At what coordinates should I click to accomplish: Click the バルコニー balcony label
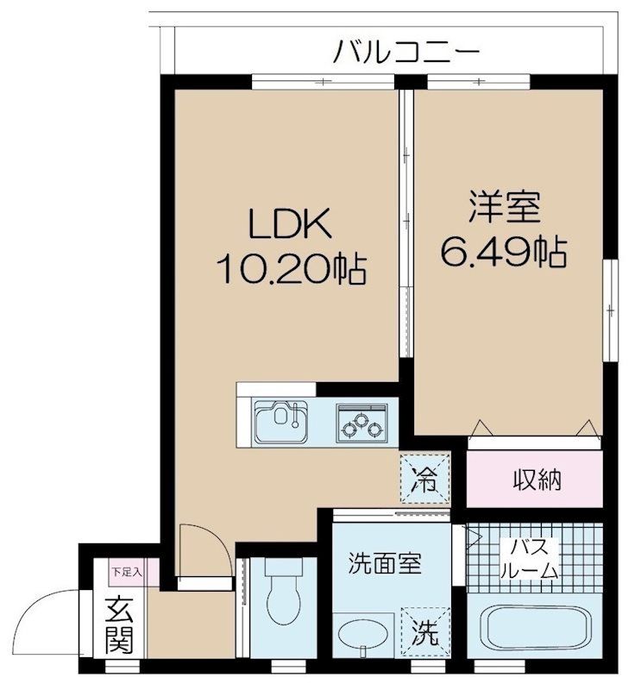[x=406, y=52]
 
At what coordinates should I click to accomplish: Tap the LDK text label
[x=290, y=224]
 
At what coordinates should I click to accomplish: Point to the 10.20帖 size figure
[x=291, y=269]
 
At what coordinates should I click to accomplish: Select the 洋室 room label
[x=505, y=206]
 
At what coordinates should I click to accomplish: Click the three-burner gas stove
[x=362, y=423]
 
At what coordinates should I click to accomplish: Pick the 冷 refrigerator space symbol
[x=424, y=479]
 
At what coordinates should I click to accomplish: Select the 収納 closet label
[x=537, y=480]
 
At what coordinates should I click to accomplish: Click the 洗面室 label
[x=385, y=564]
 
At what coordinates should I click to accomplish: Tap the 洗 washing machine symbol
[x=425, y=633]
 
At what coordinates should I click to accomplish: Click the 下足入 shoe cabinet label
[x=126, y=573]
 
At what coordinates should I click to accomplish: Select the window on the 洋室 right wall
[x=610, y=310]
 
